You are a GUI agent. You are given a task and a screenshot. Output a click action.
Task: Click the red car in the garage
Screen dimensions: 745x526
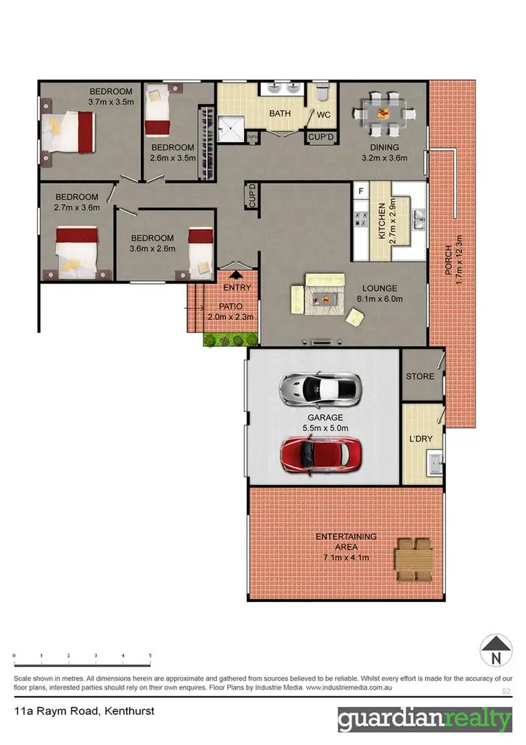[x=321, y=455]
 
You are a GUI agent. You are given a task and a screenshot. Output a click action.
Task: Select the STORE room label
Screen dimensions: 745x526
[x=420, y=376]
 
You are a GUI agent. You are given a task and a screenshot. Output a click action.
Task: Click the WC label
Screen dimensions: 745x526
[x=323, y=114]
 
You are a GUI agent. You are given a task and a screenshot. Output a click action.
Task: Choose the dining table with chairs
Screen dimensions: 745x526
[x=383, y=114]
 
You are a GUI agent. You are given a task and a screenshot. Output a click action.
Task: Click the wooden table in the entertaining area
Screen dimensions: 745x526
[x=413, y=560]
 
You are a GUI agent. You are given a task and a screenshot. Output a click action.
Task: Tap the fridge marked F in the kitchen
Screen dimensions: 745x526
[x=360, y=191]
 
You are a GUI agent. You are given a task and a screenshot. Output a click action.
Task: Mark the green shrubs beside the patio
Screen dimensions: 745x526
[x=229, y=339]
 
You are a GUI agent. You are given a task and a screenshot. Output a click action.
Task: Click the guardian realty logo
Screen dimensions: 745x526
[x=425, y=719]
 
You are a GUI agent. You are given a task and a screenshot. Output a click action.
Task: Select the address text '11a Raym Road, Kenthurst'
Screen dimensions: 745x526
[x=84, y=711]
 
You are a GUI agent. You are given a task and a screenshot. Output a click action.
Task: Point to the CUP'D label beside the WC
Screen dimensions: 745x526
[x=321, y=137]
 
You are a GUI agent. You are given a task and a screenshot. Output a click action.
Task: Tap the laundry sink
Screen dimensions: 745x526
[x=436, y=463]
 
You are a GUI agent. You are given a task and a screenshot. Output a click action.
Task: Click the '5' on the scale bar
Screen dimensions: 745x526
[x=150, y=656]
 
